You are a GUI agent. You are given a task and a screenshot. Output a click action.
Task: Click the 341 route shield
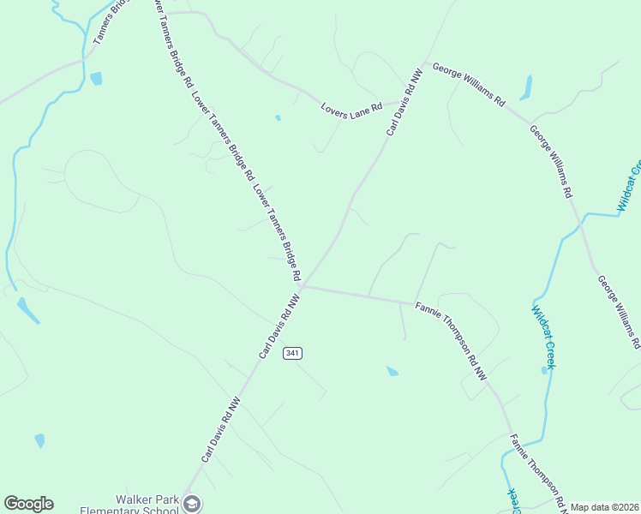[292, 353]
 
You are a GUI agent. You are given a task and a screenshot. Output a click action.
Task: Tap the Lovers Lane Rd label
[351, 111]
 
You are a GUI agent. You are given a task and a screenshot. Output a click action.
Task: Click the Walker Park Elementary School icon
[192, 504]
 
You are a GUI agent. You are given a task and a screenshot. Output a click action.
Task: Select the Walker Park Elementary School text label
[129, 505]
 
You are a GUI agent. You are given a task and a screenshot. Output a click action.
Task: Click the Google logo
[28, 504]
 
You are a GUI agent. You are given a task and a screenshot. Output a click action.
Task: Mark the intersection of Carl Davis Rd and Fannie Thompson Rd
[302, 286]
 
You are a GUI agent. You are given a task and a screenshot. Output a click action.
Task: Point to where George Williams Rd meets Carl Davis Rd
[422, 64]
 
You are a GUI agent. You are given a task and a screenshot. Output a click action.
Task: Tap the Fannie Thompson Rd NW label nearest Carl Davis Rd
[451, 342]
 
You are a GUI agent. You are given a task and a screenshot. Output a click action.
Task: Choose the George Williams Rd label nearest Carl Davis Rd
[468, 83]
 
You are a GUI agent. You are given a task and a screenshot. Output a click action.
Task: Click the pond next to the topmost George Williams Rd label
[525, 87]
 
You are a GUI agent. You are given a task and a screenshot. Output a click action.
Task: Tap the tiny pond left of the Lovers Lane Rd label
[278, 117]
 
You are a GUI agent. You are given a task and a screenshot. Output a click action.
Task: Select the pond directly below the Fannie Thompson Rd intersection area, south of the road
[392, 371]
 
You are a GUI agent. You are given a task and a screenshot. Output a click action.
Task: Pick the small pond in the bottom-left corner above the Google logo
[39, 440]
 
